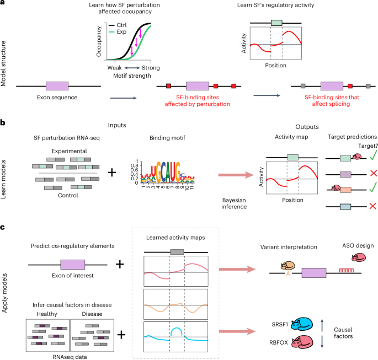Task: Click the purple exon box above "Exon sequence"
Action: coord(57,86)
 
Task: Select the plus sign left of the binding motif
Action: coord(112,172)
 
